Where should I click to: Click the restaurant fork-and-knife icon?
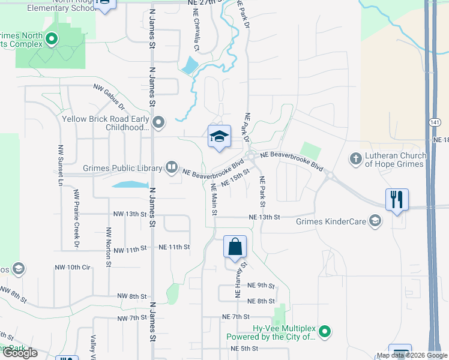coord(397,200)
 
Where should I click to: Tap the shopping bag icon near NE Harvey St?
coord(235,246)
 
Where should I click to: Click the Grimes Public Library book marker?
coord(172,167)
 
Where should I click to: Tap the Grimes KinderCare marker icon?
coord(376,221)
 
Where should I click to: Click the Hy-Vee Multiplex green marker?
coord(325,331)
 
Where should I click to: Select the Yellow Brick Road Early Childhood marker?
coord(159,123)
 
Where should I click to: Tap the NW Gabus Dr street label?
coord(109,96)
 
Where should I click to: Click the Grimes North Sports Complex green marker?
coord(52,40)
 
